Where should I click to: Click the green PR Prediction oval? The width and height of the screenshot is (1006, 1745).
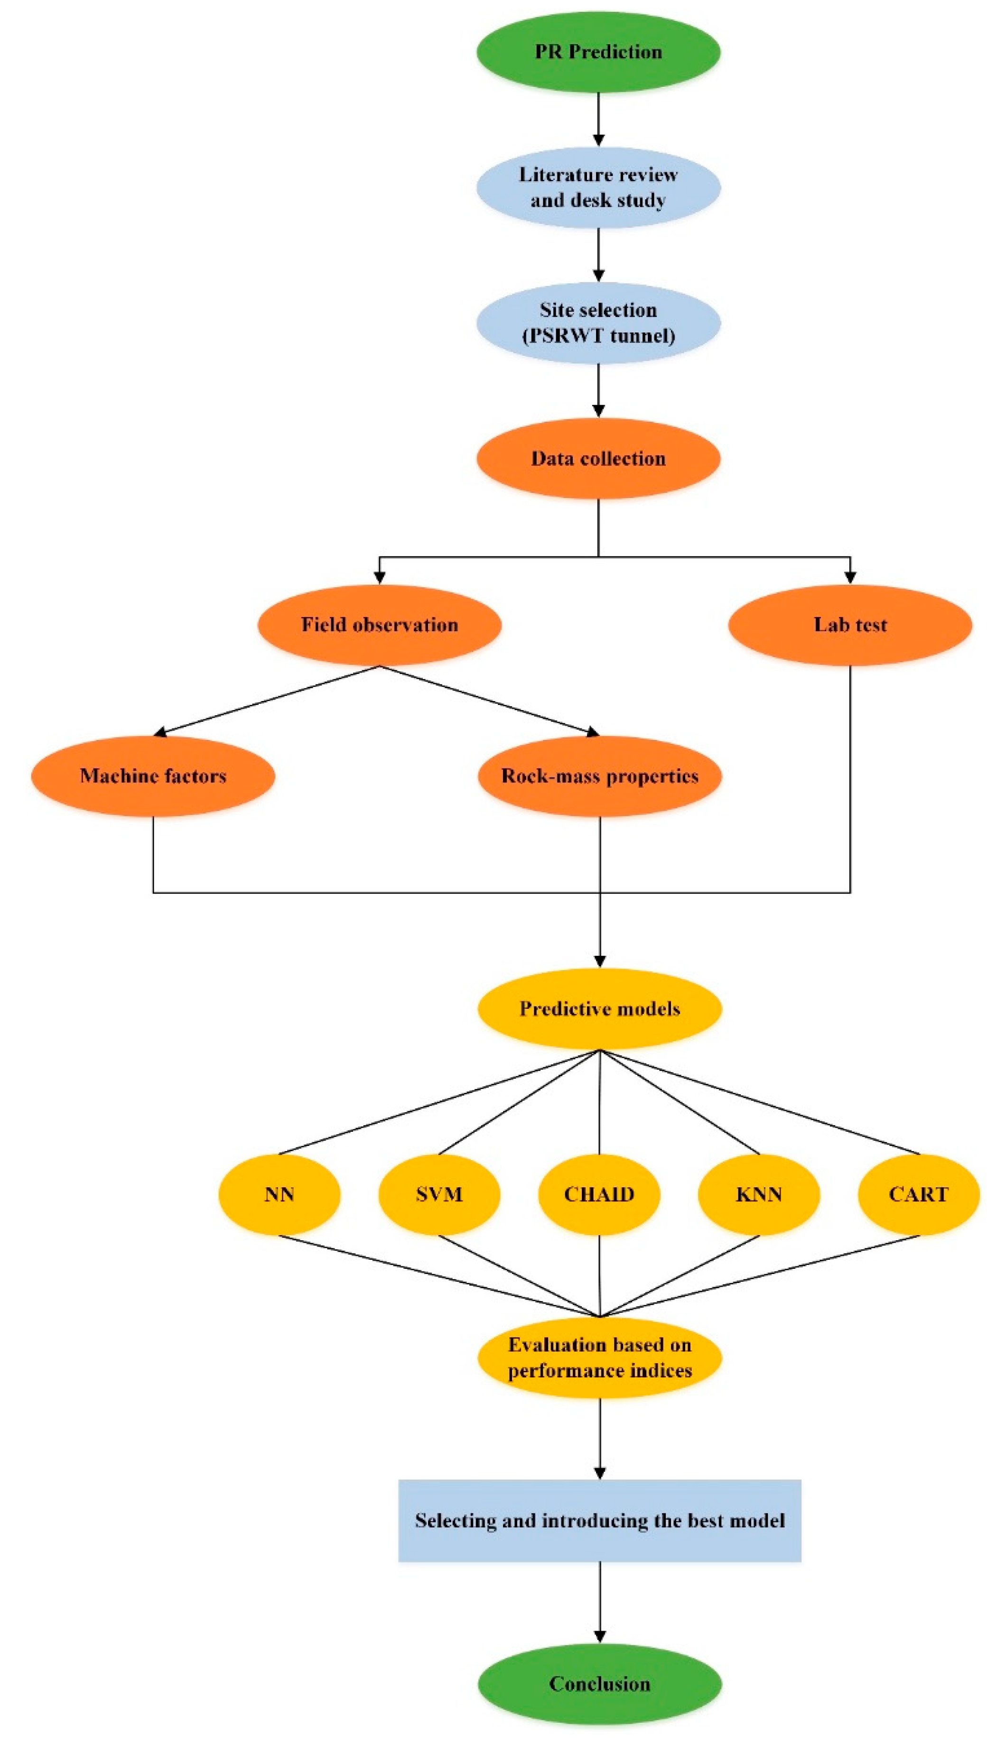click(x=598, y=52)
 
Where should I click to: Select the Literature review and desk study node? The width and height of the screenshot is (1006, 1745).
click(x=598, y=187)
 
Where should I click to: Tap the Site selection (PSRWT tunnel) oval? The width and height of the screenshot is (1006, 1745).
click(x=598, y=323)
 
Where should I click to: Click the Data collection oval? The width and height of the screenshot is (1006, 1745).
click(x=598, y=459)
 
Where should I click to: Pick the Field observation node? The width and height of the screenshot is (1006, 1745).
click(x=379, y=625)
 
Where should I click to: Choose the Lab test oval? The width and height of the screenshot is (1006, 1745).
click(x=850, y=625)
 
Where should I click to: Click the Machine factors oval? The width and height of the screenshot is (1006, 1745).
click(x=153, y=776)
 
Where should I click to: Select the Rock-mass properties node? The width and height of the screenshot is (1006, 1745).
click(x=600, y=776)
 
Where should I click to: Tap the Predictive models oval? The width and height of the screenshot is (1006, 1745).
click(x=600, y=1009)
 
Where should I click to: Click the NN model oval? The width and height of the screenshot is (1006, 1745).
click(x=279, y=1195)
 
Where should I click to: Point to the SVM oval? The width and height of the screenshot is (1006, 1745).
click(x=439, y=1195)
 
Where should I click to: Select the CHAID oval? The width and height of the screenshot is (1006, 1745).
click(x=599, y=1195)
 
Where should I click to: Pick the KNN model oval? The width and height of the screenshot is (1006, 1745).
click(x=759, y=1195)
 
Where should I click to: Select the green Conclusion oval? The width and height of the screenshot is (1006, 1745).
click(x=600, y=1683)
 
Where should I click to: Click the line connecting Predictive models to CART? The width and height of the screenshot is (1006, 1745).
click(x=760, y=1102)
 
